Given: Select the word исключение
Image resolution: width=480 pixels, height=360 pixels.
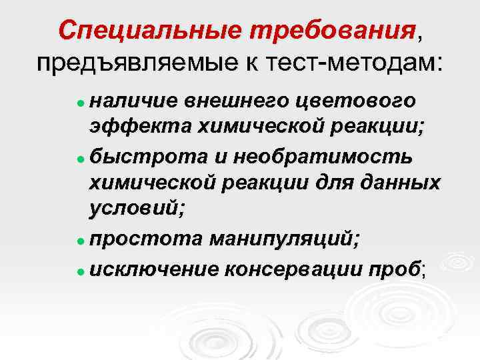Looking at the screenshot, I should [x=153, y=269].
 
